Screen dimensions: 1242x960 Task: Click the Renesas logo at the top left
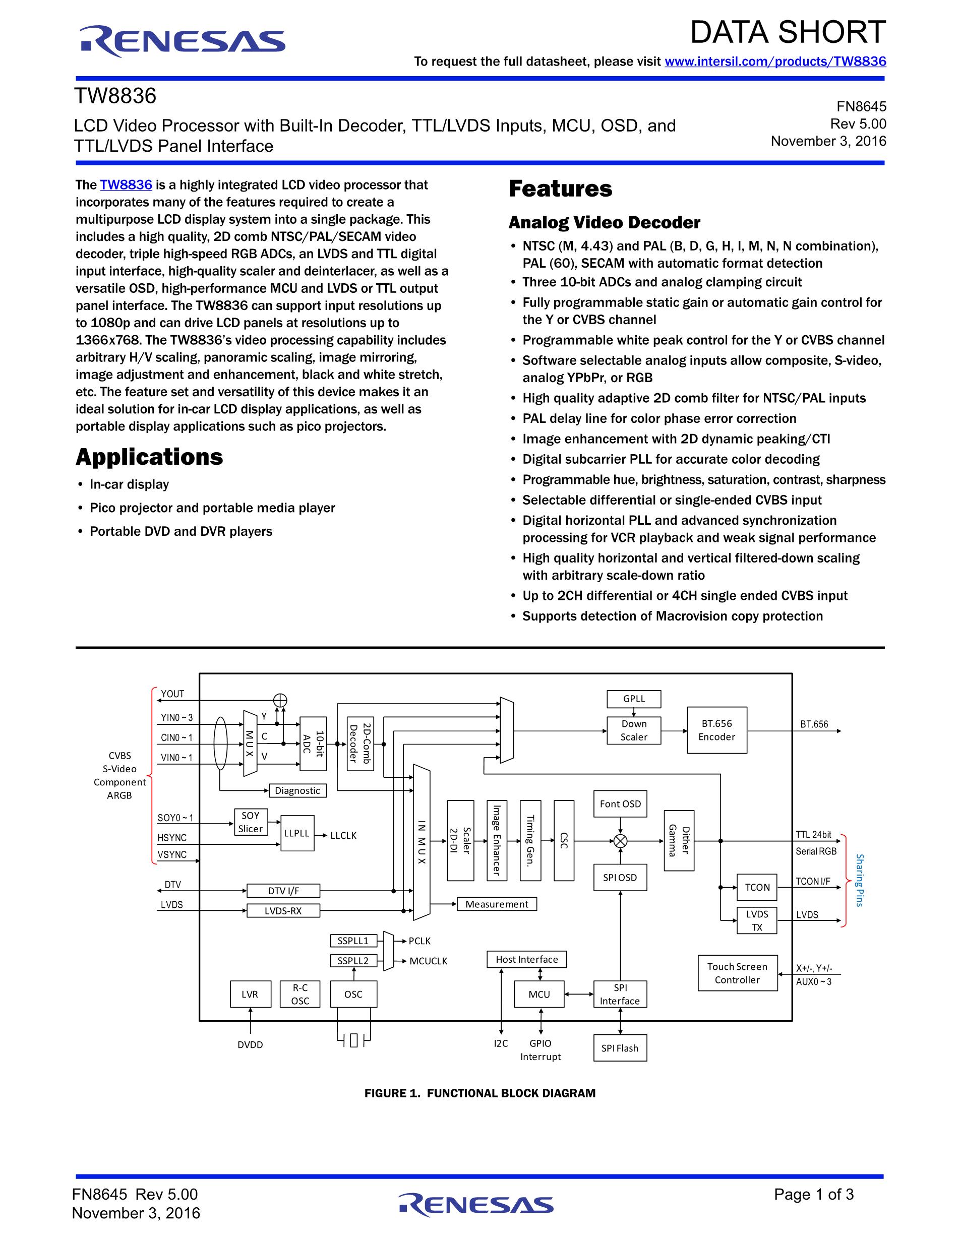point(182,41)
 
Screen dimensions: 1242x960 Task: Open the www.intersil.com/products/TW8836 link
point(774,61)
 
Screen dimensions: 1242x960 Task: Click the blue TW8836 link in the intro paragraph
point(126,185)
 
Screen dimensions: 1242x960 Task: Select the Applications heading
point(149,457)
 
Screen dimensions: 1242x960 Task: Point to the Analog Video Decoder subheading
point(604,222)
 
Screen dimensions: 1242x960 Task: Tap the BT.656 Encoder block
point(716,730)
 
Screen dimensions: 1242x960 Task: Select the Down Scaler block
point(634,730)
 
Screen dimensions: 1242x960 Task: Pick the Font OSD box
point(620,803)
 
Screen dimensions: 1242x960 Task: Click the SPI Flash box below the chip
point(620,1048)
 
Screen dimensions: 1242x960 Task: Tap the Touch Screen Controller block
point(737,973)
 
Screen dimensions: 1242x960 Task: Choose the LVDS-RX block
point(283,910)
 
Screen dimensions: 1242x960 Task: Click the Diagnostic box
point(297,790)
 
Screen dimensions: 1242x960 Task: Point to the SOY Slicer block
point(250,822)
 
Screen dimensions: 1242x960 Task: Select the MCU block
point(539,994)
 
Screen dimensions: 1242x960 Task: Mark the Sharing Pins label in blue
point(859,880)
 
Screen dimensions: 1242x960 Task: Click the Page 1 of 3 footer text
point(813,1194)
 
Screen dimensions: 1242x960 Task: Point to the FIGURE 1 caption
point(480,1093)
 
